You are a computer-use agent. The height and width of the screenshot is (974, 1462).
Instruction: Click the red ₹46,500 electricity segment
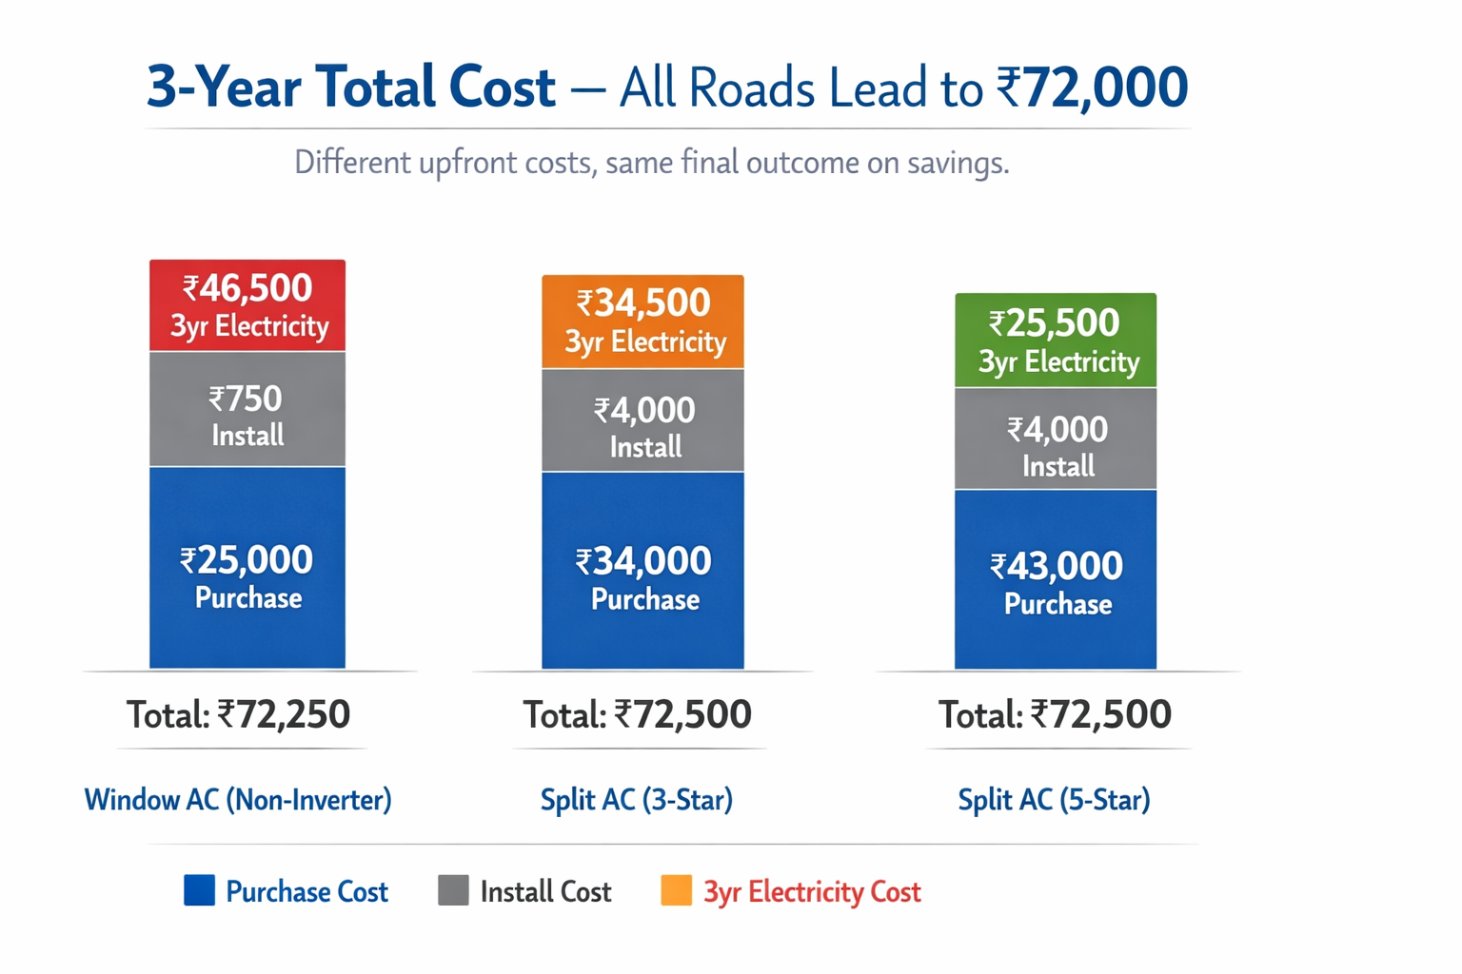(247, 305)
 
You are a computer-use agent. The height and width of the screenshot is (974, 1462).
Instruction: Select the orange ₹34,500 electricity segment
(642, 321)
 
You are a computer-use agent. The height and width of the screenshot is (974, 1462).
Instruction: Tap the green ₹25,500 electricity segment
(1056, 341)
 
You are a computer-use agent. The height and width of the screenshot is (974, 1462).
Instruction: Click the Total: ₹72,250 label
(239, 714)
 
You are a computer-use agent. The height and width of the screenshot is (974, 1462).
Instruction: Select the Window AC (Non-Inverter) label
(238, 799)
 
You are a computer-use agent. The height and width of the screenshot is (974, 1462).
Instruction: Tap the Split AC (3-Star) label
(637, 799)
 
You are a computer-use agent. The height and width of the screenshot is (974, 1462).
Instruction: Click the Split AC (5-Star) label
(1054, 799)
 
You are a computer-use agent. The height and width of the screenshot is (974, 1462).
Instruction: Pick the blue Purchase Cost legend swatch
(199, 891)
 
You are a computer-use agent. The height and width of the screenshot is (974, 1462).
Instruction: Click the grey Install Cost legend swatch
(453, 891)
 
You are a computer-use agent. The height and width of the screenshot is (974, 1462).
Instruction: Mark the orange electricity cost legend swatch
(676, 891)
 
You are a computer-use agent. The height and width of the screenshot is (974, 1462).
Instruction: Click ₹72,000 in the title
(1092, 88)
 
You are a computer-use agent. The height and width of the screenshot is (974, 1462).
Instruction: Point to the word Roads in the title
(751, 89)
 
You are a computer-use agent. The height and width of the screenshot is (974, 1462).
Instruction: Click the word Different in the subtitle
(352, 163)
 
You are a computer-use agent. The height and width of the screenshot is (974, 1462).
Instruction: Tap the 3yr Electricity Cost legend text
(812, 892)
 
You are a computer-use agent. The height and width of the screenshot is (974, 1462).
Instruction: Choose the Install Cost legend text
(545, 892)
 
